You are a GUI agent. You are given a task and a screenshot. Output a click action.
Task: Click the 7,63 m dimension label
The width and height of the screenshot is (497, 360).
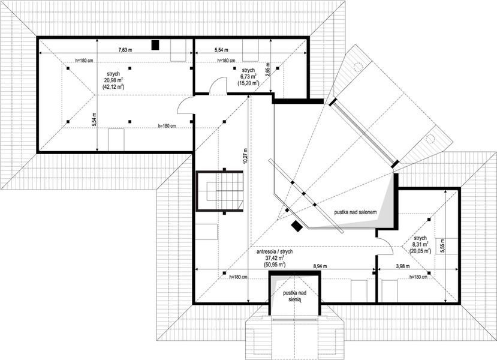(125, 50)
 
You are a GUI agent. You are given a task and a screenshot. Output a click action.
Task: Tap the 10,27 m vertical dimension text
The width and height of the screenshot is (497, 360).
(245, 156)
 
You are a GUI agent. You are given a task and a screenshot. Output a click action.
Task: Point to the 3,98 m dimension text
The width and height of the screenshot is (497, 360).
(402, 266)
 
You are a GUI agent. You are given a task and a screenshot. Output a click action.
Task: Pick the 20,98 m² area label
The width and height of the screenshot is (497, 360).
(113, 80)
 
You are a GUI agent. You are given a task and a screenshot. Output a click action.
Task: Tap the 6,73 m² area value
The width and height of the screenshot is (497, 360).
(248, 77)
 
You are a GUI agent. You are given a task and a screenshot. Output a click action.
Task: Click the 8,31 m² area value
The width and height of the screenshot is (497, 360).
(420, 245)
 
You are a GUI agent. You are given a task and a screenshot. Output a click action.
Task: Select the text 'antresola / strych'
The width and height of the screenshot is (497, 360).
(274, 251)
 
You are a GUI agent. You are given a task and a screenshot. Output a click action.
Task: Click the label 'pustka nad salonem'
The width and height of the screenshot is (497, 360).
(356, 212)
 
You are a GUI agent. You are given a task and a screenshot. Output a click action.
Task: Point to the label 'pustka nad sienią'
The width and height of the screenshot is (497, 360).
(294, 296)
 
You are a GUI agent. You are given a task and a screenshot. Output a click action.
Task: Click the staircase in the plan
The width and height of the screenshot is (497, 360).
(219, 191)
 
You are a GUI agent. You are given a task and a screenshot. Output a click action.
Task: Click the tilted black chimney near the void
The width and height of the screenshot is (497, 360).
(297, 226)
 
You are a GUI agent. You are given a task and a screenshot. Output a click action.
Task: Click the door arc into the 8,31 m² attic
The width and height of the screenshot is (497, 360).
(385, 246)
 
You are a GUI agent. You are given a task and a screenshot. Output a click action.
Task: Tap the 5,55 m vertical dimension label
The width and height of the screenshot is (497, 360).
(443, 245)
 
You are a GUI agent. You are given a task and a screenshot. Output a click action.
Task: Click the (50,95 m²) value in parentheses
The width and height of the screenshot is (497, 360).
(274, 264)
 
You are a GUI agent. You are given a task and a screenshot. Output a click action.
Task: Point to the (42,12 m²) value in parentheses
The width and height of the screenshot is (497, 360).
(113, 86)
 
